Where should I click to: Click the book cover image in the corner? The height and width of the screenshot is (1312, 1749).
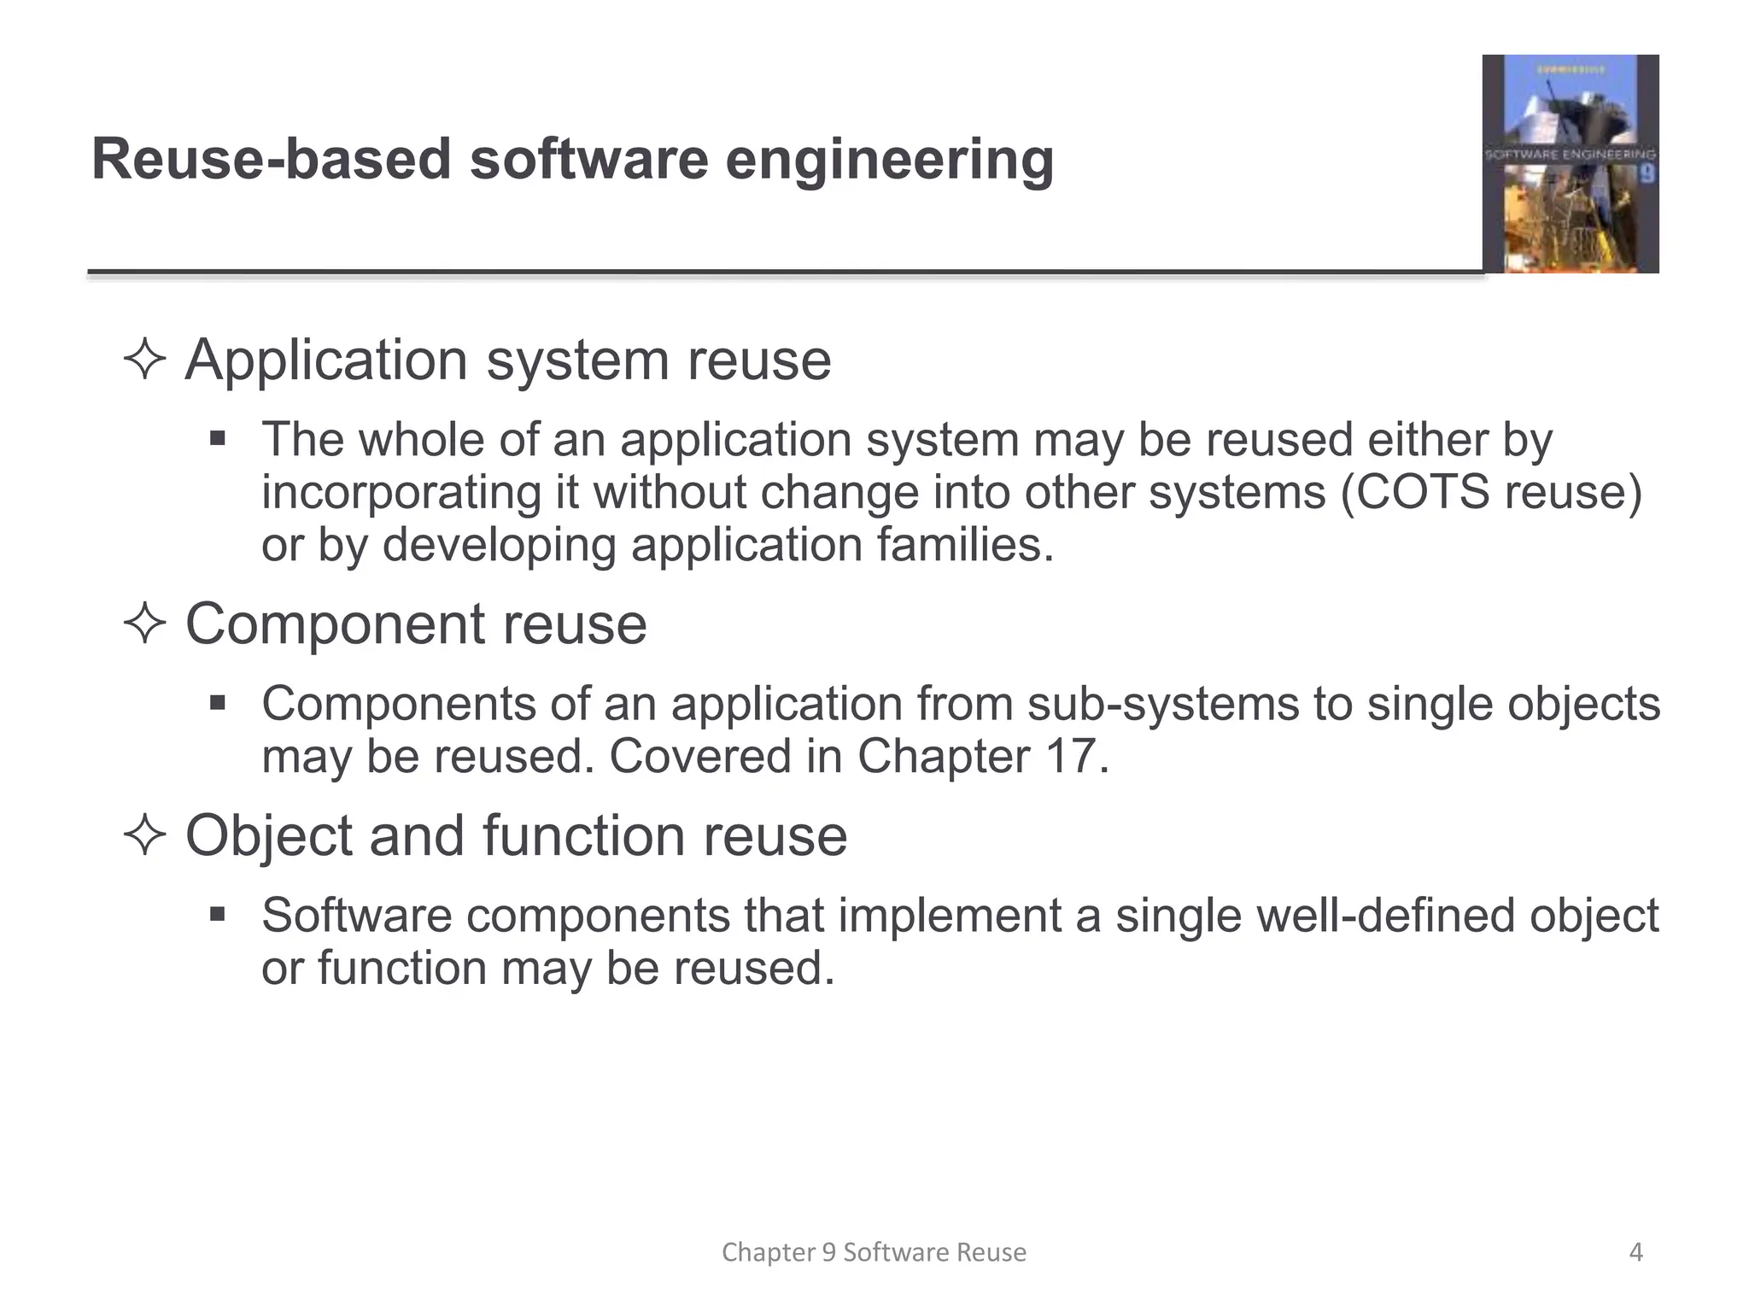tap(1570, 164)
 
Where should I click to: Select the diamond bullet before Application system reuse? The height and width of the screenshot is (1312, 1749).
tap(144, 360)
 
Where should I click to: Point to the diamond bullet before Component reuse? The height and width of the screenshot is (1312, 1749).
tap(144, 624)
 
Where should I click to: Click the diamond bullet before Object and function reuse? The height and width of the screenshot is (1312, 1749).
tap(144, 835)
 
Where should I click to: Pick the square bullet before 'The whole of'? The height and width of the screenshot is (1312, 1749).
tap(218, 440)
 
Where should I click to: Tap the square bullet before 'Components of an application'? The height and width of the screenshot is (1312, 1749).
tap(218, 704)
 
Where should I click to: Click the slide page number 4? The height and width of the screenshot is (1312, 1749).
tap(1635, 1252)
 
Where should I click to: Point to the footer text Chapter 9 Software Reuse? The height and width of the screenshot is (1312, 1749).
tap(874, 1252)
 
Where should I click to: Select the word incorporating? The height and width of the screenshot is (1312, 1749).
tap(401, 493)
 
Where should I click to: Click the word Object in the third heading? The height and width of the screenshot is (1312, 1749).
tap(268, 835)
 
